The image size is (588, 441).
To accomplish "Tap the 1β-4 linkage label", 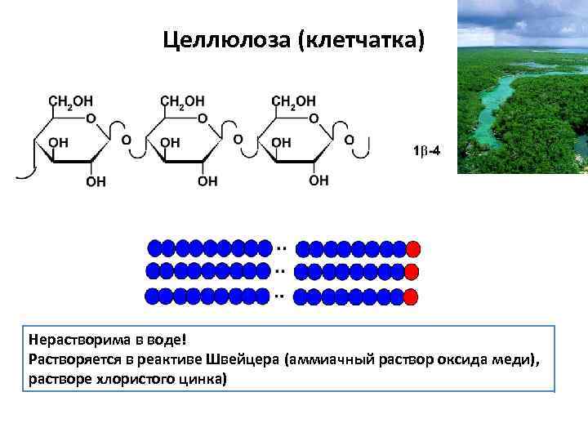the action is pos(427,150).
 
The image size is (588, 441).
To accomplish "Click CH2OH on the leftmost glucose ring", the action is pos(72,101).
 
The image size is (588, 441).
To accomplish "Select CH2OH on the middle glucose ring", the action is pos(182,101).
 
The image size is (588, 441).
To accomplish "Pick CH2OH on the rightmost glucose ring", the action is pos(293,101).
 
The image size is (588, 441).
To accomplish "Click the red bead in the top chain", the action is pos(412,248).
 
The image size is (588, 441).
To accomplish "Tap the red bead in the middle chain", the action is pos(412,272).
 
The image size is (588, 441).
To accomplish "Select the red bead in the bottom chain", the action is pos(412,296).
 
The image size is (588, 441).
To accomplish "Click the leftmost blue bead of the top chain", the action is pos(154,247).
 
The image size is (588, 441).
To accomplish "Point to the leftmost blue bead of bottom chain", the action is pos(154,295).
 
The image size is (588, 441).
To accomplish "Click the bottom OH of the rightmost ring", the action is pos(319,180).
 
